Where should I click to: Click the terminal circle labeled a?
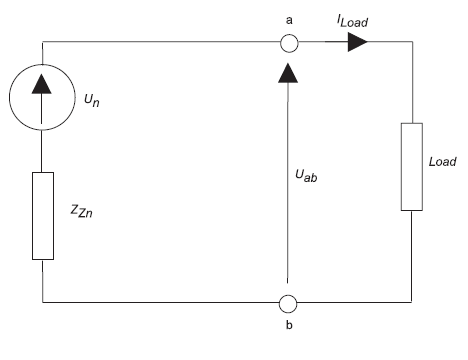288,43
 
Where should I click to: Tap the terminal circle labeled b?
288,301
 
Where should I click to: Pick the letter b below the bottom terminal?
288,326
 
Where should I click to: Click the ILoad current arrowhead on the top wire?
355,43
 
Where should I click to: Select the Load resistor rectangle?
411,167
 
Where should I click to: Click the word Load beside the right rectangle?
440,162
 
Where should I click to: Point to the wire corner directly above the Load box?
411,43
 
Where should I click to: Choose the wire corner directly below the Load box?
411,301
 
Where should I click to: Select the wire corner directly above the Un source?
43,43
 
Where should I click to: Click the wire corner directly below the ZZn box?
43,301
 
